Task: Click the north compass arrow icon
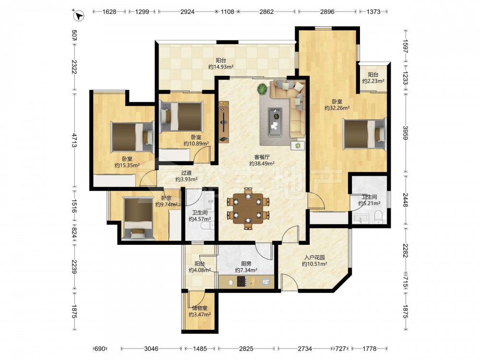pos(79,15)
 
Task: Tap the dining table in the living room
pos(248,208)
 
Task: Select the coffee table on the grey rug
pos(276,121)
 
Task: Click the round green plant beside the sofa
pos(262,89)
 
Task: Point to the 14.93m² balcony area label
pos(221,64)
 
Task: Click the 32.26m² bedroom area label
pos(337,105)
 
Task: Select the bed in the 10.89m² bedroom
pos(181,117)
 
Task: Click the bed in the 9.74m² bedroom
pos(138,218)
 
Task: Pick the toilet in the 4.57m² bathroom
pos(208,226)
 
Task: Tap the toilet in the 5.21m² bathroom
pos(379,216)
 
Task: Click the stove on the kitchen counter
pos(241,281)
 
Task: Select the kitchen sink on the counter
pos(266,281)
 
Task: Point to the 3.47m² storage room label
pos(200,312)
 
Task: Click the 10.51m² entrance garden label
pos(314,261)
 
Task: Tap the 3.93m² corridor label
pos(186,176)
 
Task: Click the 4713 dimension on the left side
pos(74,140)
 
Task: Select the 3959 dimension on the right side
pos(405,133)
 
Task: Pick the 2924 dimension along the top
pos(187,12)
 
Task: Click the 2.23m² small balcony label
pos(373,78)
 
